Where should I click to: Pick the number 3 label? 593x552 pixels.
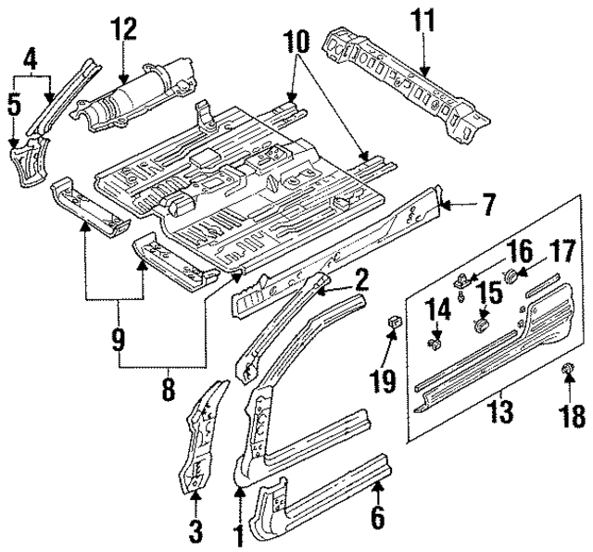point(196,533)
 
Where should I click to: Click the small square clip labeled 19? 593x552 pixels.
point(393,323)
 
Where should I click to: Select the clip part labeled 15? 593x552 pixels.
point(481,325)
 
